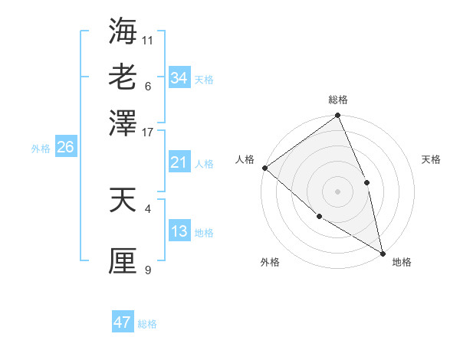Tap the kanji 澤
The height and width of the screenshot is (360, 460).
123,123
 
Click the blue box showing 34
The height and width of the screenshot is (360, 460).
179,78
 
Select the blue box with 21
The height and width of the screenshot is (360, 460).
179,162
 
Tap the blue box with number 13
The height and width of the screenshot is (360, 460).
179,231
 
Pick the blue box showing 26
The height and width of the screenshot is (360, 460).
65,148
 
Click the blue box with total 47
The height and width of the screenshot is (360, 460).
123,322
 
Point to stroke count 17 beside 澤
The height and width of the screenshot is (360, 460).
148,131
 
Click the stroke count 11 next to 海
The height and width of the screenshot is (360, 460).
148,39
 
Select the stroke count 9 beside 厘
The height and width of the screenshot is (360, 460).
148,269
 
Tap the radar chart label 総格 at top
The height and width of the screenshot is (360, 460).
338,100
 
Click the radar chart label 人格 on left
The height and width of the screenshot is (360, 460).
245,159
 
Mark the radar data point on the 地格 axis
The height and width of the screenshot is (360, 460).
382,252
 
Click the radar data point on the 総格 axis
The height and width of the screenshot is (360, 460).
337,116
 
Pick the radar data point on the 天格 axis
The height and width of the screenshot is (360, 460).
366,182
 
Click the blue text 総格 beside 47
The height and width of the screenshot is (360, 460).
147,324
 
